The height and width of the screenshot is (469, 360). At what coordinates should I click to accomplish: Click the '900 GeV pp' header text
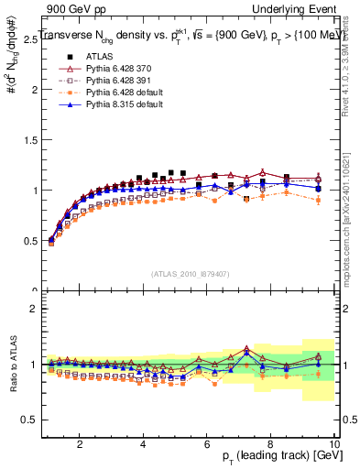click(76, 9)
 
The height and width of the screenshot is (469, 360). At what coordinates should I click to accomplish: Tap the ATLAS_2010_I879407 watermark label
click(191, 274)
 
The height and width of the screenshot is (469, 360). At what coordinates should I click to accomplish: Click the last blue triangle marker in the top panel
click(318, 188)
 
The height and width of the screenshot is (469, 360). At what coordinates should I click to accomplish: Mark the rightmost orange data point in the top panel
click(318, 200)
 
